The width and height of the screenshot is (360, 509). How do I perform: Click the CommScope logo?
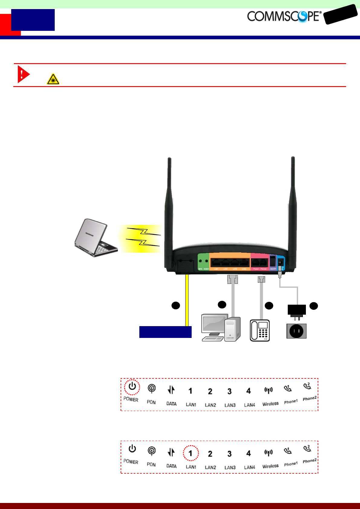click(284, 16)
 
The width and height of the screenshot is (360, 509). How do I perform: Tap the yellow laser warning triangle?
click(53, 79)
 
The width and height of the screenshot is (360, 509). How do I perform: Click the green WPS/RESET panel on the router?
click(203, 262)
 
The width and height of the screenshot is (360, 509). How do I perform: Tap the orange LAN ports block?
click(230, 261)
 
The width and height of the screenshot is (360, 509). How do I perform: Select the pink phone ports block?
click(260, 262)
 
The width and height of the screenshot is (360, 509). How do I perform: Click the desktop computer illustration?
click(221, 328)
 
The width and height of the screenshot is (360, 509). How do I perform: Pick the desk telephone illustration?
click(260, 330)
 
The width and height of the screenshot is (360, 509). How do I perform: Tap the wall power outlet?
click(296, 331)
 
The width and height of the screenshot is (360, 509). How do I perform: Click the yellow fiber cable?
click(187, 299)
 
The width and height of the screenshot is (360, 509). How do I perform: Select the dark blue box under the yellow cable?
click(165, 332)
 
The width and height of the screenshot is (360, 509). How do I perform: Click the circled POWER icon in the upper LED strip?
click(132, 387)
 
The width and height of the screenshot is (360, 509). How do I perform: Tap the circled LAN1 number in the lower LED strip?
click(190, 453)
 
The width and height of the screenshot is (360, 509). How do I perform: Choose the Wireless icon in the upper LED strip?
click(268, 391)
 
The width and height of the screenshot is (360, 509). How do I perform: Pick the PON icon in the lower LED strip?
click(151, 451)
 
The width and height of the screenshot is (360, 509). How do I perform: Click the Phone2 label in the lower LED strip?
click(310, 461)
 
